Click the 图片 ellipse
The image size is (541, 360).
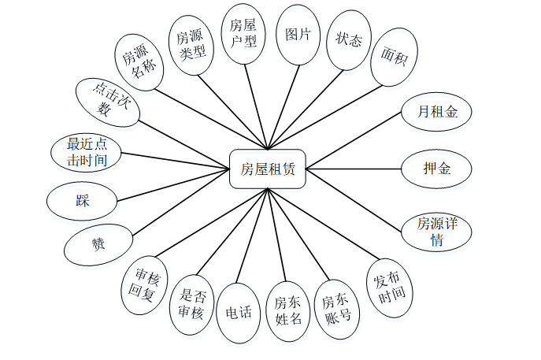(298, 35)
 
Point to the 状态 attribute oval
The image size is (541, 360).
(349, 40)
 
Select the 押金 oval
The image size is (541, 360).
(436, 169)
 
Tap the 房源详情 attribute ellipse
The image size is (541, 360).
(433, 232)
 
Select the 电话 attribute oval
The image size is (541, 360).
(239, 312)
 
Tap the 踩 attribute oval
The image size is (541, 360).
(83, 201)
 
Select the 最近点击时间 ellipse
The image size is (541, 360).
(87, 152)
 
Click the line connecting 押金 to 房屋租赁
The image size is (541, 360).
(354, 169)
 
